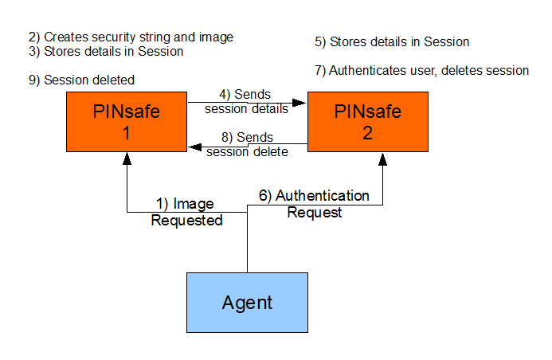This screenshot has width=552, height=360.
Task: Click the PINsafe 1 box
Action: coord(127,121)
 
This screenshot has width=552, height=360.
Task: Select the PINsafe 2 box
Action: coord(367,121)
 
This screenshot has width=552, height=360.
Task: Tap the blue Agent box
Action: coord(247,303)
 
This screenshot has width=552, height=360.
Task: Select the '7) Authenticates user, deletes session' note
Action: coord(421,71)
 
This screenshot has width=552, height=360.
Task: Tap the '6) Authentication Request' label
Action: coord(314,204)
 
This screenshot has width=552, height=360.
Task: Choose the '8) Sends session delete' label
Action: coord(247,144)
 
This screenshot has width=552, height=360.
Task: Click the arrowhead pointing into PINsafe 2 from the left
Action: coord(302,102)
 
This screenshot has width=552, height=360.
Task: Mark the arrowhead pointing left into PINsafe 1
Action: coord(193,144)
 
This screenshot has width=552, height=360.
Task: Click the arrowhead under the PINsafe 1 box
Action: coord(127,157)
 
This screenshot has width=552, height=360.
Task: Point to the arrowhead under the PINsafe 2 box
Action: coord(382,158)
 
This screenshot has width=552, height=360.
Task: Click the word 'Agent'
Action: coord(247,303)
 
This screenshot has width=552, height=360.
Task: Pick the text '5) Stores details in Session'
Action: coord(392,41)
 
